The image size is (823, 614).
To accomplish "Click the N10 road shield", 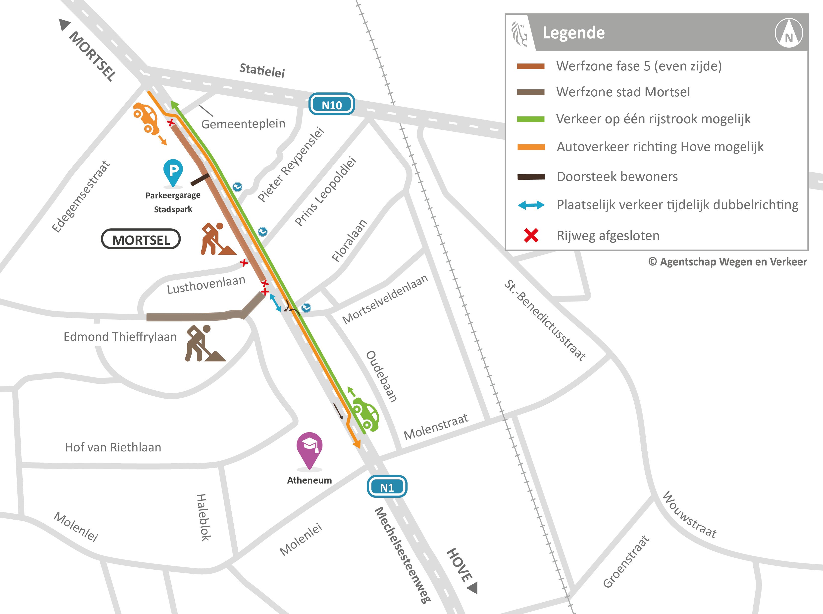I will click(332, 104).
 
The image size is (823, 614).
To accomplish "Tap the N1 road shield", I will click(387, 487).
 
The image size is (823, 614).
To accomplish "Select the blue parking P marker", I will click(173, 171).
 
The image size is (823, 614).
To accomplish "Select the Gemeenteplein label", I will click(243, 123).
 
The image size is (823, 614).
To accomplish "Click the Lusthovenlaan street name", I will click(206, 284).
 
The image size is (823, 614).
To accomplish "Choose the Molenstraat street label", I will click(436, 427).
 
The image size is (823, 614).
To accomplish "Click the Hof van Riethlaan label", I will click(113, 447).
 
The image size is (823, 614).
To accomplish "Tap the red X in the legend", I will click(531, 235).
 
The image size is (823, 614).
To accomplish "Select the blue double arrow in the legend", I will click(531, 205).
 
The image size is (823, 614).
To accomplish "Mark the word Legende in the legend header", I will click(573, 33).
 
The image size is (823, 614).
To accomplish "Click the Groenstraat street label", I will click(626, 562).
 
